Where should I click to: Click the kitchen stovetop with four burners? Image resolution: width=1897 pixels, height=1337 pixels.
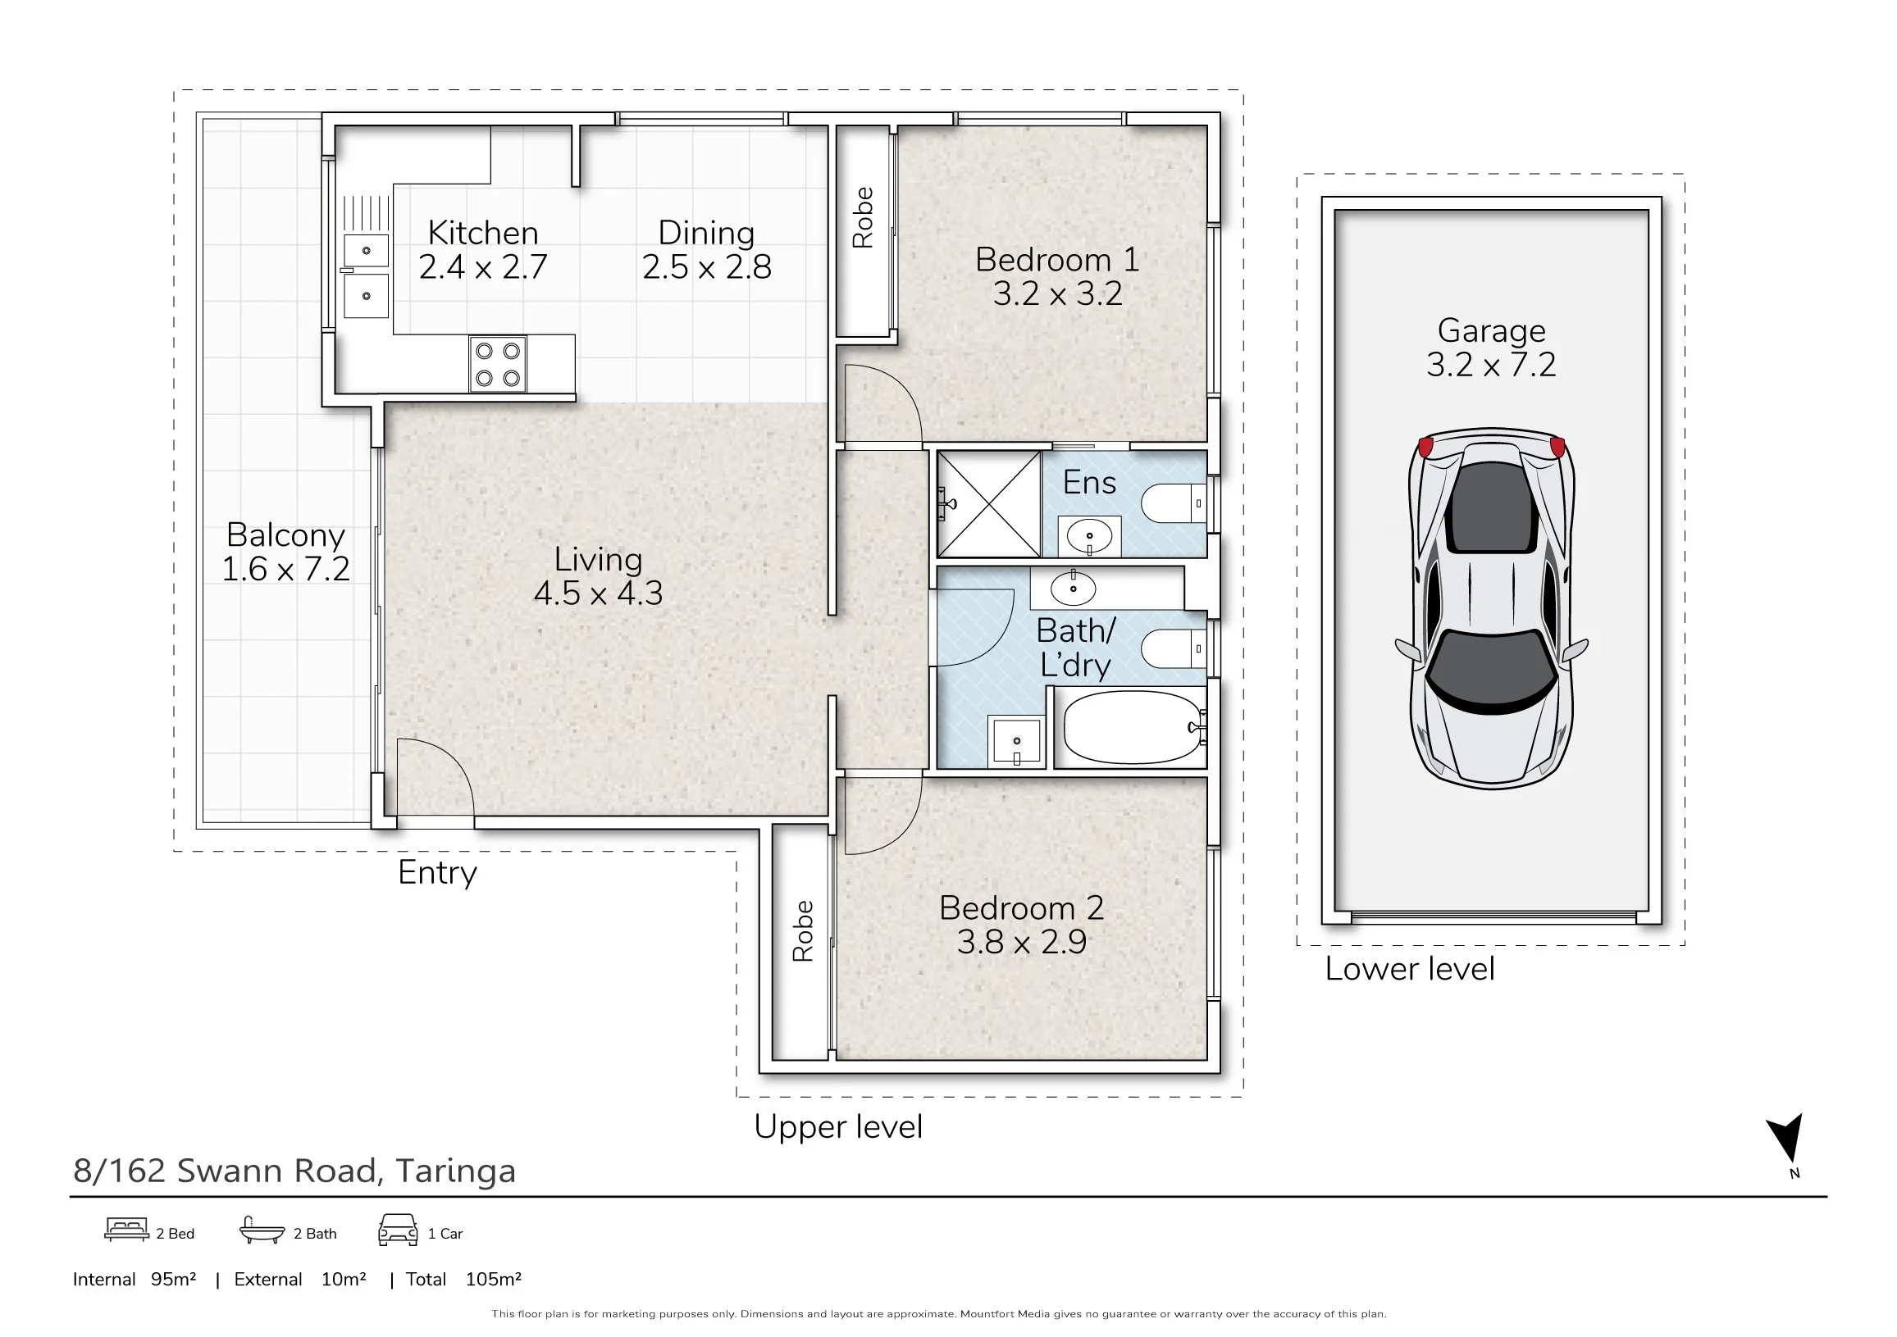[497, 363]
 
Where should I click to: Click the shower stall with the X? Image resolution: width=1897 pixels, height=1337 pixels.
[989, 504]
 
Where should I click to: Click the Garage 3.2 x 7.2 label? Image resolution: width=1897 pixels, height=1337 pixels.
[1490, 348]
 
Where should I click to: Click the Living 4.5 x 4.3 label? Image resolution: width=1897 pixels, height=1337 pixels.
[598, 576]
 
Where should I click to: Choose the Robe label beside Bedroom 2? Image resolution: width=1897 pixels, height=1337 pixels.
[802, 930]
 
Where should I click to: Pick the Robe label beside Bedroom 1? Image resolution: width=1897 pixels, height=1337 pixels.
[862, 217]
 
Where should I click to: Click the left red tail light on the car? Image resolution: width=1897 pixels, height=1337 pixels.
[1425, 447]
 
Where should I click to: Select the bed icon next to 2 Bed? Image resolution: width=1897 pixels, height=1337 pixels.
[126, 1230]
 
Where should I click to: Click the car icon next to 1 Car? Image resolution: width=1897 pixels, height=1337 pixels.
[398, 1230]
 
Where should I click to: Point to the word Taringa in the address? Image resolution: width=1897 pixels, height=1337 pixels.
[455, 1172]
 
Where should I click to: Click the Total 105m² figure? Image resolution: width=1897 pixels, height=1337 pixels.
[463, 1279]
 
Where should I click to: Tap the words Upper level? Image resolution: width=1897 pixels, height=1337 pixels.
[838, 1127]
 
